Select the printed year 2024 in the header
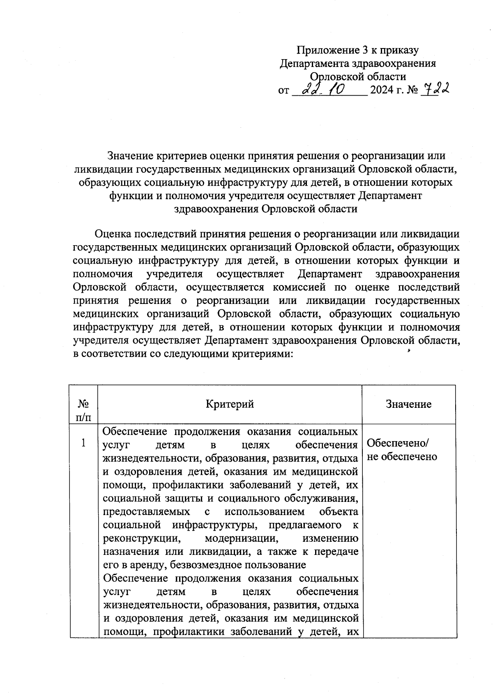[382, 90]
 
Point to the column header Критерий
[230, 404]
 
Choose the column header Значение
[408, 404]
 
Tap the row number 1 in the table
[83, 443]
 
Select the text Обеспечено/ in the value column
[397, 443]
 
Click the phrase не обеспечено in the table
[402, 457]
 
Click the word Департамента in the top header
[314, 63]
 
